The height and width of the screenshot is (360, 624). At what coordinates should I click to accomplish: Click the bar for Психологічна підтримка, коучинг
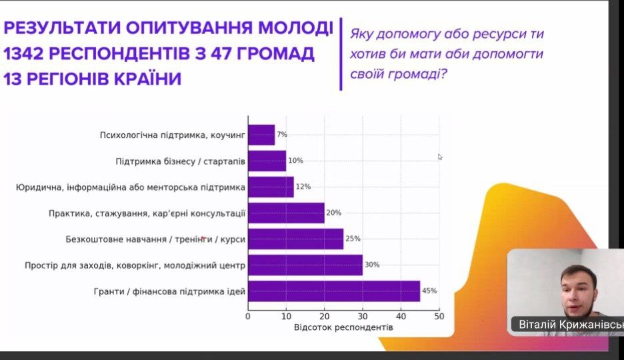point(261,135)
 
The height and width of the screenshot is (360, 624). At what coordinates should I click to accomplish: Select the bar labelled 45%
point(334,291)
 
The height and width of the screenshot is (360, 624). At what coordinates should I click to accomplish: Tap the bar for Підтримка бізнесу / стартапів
point(267,161)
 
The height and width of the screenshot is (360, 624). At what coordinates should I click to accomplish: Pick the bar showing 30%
point(305,265)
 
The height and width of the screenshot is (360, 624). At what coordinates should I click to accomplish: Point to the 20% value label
point(333,213)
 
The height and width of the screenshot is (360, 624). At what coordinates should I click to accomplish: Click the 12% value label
point(303,187)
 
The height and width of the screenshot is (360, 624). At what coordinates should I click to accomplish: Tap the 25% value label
point(353,239)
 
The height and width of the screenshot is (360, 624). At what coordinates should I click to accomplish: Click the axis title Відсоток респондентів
point(343,327)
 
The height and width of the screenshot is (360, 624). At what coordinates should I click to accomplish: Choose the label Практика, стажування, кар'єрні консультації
point(147,213)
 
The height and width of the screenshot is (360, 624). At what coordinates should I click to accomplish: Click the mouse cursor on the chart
point(440,157)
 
